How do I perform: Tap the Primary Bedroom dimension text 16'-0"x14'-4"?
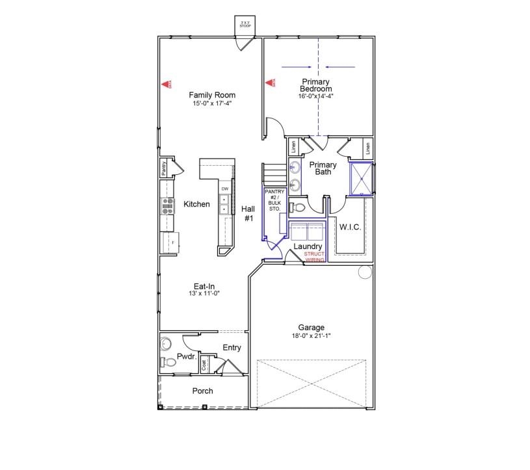pyautogui.click(x=317, y=96)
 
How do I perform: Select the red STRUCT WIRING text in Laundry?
pyautogui.click(x=315, y=256)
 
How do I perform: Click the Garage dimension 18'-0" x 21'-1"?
pyautogui.click(x=311, y=336)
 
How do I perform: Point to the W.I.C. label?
pyautogui.click(x=350, y=227)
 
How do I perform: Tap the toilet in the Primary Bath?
pyautogui.click(x=295, y=207)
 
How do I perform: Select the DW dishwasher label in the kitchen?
pyautogui.click(x=224, y=189)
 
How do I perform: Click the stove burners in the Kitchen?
pyautogui.click(x=167, y=207)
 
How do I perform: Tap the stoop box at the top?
pyautogui.click(x=245, y=25)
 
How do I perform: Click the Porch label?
pyautogui.click(x=202, y=391)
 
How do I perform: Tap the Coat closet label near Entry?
pyautogui.click(x=204, y=365)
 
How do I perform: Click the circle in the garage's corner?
pyautogui.click(x=364, y=272)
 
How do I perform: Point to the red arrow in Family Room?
pyautogui.click(x=165, y=83)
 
